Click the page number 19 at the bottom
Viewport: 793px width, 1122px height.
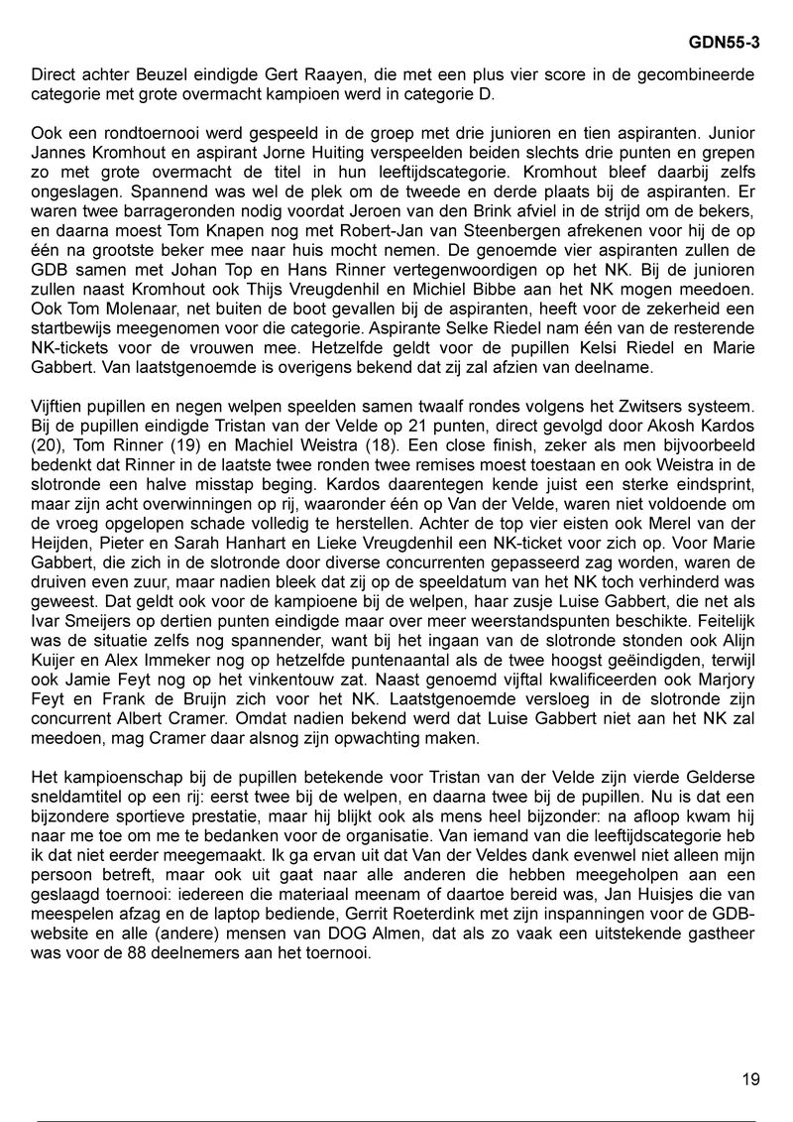point(750,1078)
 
